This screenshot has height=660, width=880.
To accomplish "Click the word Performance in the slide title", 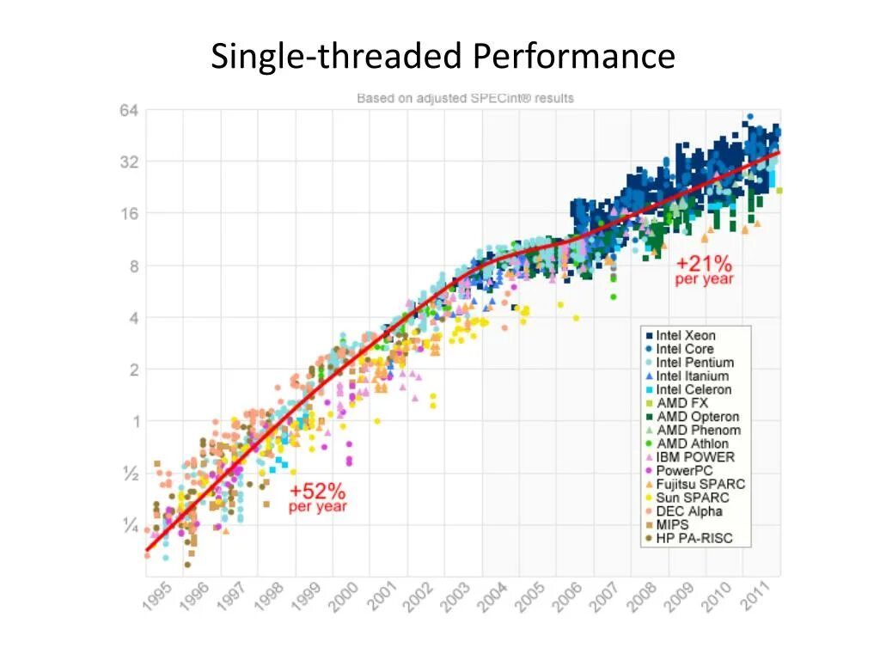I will pyautogui.click(x=573, y=57).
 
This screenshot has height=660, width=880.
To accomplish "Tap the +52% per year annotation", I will pyautogui.click(x=317, y=498).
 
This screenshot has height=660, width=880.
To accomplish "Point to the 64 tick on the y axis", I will pyautogui.click(x=130, y=110).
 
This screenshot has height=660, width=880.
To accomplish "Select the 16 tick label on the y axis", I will pyautogui.click(x=130, y=214).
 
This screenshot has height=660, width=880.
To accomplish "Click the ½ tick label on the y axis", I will pyautogui.click(x=130, y=474).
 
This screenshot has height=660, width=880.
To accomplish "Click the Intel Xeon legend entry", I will pyautogui.click(x=685, y=335).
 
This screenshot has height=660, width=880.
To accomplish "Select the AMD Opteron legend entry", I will pyautogui.click(x=697, y=417).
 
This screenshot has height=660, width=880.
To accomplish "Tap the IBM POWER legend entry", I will pyautogui.click(x=695, y=457).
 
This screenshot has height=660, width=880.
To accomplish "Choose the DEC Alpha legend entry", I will pyautogui.click(x=689, y=511).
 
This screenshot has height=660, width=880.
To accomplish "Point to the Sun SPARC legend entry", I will pyautogui.click(x=692, y=498).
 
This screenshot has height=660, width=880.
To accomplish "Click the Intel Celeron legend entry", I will pyautogui.click(x=694, y=389).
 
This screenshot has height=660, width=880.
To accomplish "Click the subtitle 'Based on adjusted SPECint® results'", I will pyautogui.click(x=465, y=98).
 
